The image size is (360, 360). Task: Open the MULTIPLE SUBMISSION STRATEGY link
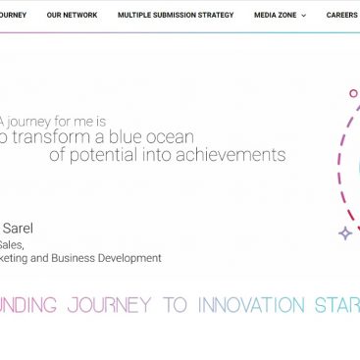(176, 16)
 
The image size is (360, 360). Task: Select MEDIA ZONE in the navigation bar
(275, 16)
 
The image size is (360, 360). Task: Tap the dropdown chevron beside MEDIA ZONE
(304, 16)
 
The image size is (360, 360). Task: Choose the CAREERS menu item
(341, 16)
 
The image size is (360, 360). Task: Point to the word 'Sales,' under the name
(12, 244)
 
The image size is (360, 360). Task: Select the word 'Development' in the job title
(129, 258)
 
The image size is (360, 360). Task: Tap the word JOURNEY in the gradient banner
(109, 305)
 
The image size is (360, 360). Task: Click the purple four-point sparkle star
(345, 233)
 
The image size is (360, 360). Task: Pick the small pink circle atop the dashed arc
(353, 93)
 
